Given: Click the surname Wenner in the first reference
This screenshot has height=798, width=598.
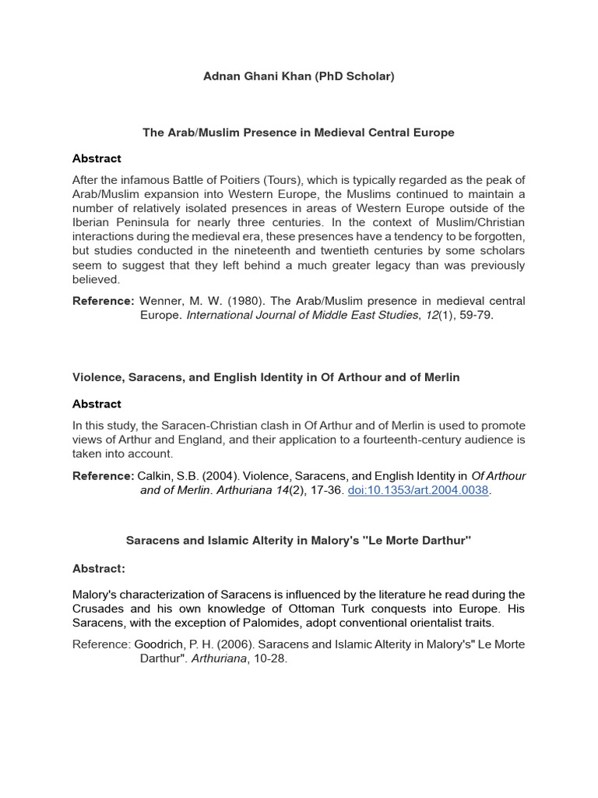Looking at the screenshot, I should click(x=163, y=301).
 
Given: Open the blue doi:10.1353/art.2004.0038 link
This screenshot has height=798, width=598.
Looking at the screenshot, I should click(x=419, y=491).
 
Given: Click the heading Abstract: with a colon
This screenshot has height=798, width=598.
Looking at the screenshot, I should click(x=99, y=568).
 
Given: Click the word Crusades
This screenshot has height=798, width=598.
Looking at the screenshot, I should click(x=100, y=609).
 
